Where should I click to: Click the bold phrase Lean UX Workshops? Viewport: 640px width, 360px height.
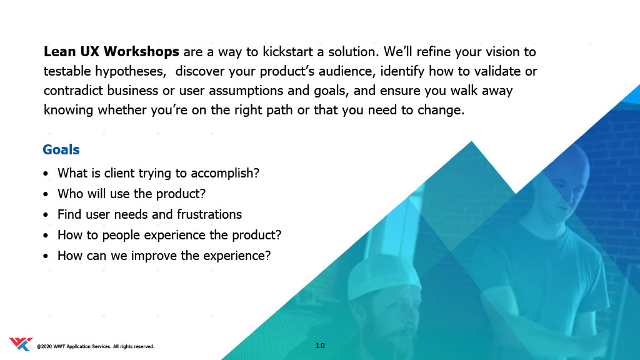pyautogui.click(x=111, y=52)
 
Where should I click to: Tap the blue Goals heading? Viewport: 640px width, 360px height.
pyautogui.click(x=61, y=150)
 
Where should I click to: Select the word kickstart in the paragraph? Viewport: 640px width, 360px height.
pyautogui.click(x=287, y=52)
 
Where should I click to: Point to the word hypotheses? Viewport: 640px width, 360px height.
pyautogui.click(x=131, y=71)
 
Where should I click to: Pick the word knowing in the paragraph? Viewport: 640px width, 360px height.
pyautogui.click(x=69, y=110)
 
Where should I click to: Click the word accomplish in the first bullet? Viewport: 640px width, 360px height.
pyautogui.click(x=225, y=173)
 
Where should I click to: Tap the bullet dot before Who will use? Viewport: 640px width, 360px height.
pyautogui.click(x=46, y=194)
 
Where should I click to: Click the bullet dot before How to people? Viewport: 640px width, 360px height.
pyautogui.click(x=46, y=236)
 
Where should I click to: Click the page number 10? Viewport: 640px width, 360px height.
pyautogui.click(x=320, y=346)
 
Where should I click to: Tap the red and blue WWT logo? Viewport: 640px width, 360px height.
pyautogui.click(x=21, y=344)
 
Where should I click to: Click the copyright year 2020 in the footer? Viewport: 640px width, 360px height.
pyautogui.click(x=46, y=346)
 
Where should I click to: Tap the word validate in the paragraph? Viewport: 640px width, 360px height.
pyautogui.click(x=497, y=71)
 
